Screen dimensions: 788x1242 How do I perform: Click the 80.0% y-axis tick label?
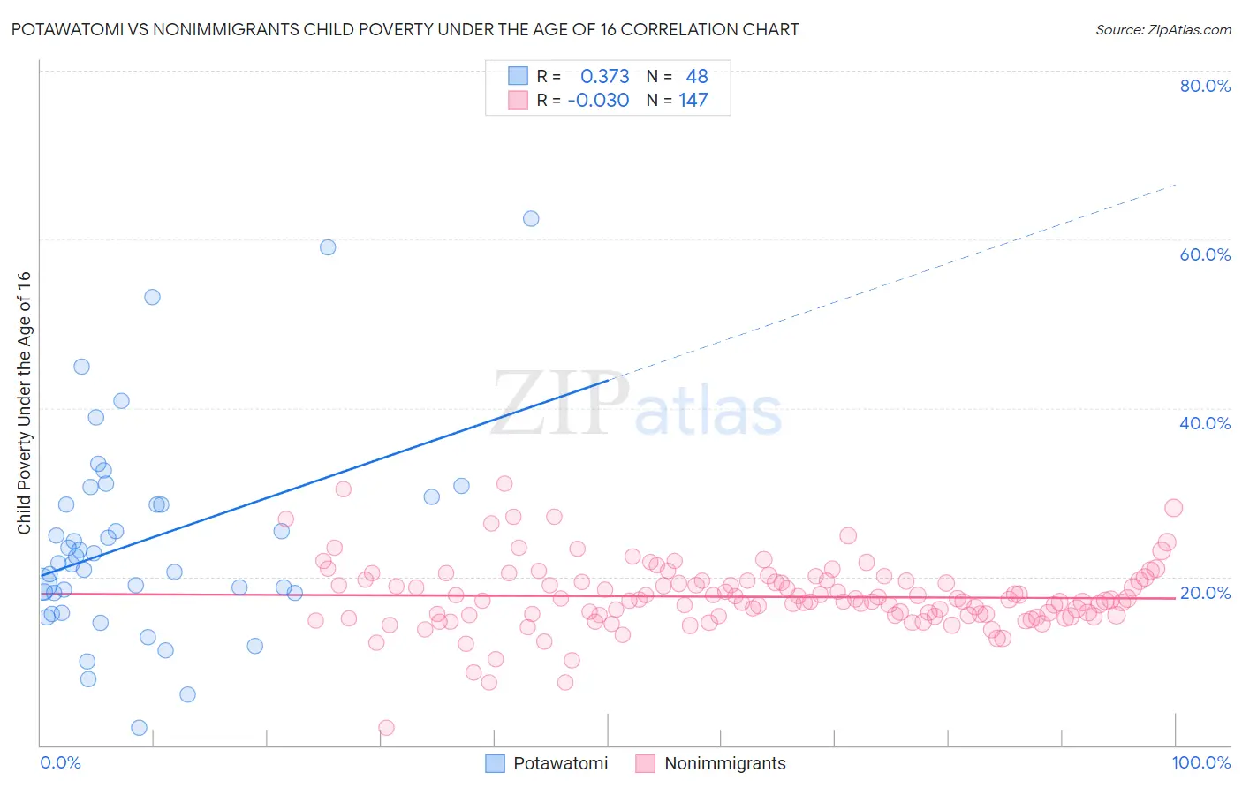[x=1204, y=86]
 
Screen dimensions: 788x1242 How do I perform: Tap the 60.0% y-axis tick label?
[x=1204, y=254]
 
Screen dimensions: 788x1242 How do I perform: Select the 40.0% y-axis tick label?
[x=1204, y=423]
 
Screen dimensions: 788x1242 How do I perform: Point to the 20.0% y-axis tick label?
[x=1204, y=593]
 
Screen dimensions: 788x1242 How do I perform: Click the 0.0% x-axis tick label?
[x=60, y=762]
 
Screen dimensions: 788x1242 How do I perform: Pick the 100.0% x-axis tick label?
[x=1200, y=762]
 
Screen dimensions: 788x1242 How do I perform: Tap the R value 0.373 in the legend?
[x=604, y=77]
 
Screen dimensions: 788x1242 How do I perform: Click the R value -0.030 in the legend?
[x=598, y=101]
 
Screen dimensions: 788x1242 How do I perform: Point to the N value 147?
[x=693, y=101]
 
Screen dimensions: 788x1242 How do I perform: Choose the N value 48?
[x=697, y=77]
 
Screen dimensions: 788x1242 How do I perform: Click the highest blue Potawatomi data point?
[x=531, y=218]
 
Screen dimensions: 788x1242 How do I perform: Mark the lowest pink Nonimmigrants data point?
[x=386, y=728]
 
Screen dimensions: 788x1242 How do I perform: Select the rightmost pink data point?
[x=1173, y=508]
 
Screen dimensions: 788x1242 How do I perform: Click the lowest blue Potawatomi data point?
[x=139, y=728]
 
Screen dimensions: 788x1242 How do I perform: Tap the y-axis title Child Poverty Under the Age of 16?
[x=24, y=402]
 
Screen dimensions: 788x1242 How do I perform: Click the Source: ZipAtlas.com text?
[x=1162, y=30]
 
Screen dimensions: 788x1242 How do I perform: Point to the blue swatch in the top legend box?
[x=518, y=77]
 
